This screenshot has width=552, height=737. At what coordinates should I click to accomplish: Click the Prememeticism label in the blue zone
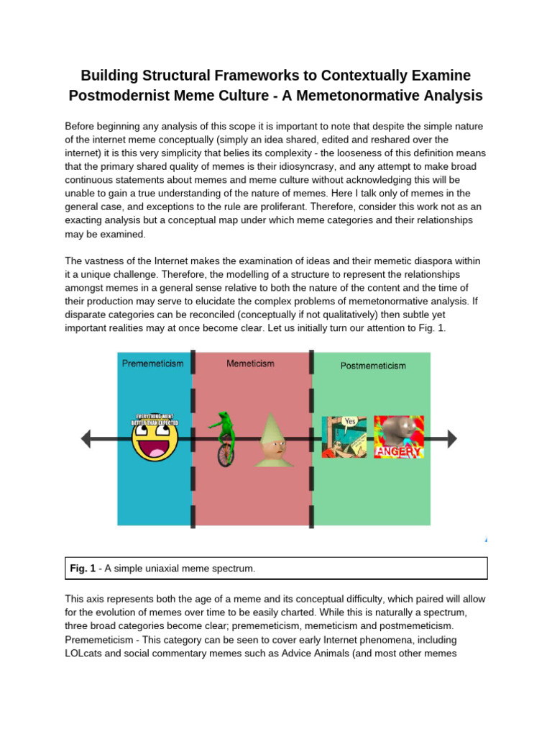click(152, 363)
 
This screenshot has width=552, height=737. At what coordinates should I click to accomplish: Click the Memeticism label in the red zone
click(250, 363)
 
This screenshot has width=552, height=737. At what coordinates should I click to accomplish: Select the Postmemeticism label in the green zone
click(372, 366)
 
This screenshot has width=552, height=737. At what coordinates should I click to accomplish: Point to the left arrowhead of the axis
click(87, 438)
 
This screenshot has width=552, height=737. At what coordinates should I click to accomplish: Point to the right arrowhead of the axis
click(450, 438)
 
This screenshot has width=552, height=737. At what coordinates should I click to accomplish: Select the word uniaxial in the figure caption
click(160, 569)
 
